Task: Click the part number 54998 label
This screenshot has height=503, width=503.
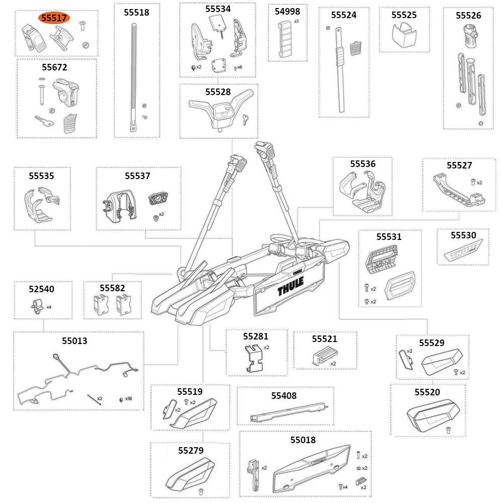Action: click(x=287, y=11)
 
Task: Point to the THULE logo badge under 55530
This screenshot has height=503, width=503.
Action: click(x=463, y=252)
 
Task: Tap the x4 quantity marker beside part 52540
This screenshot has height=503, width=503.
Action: click(x=49, y=306)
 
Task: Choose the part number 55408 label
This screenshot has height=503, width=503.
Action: click(x=284, y=396)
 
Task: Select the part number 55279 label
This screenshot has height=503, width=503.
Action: click(x=191, y=450)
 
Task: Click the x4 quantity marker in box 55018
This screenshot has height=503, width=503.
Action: click(x=345, y=487)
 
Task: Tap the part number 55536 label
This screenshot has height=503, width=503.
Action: click(x=363, y=163)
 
